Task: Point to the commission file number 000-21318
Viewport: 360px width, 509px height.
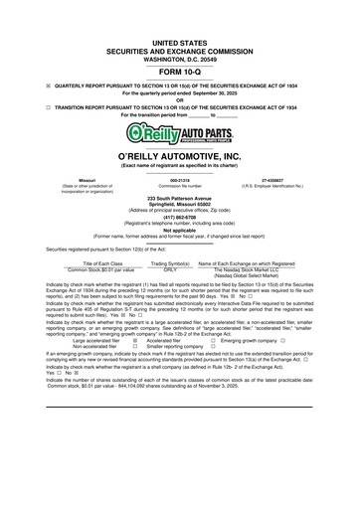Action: tap(179, 179)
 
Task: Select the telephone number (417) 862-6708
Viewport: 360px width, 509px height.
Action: tap(179, 216)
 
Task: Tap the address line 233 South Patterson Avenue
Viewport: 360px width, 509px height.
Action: tap(179, 197)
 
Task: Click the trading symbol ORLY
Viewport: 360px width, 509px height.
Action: tap(170, 268)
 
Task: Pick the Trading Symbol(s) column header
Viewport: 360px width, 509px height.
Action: tap(170, 262)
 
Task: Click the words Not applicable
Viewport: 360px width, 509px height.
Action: tap(179, 229)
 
